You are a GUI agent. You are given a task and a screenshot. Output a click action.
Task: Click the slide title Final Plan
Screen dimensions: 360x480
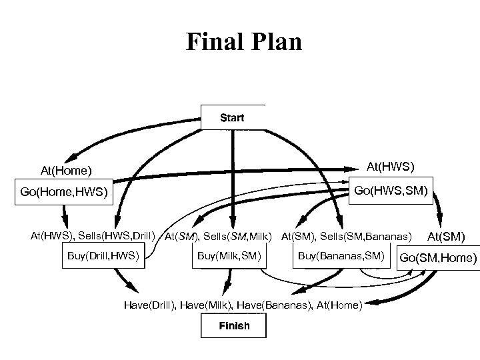click(243, 42)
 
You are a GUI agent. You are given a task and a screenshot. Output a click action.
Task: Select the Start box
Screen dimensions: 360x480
click(232, 118)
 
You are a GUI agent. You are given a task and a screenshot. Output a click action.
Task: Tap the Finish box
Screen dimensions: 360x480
click(234, 326)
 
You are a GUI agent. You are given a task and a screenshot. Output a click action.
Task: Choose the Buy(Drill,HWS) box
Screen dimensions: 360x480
click(103, 256)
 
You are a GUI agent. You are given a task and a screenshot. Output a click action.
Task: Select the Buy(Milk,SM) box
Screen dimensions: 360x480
click(228, 256)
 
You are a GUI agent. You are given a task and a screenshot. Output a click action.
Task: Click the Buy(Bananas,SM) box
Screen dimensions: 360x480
click(341, 256)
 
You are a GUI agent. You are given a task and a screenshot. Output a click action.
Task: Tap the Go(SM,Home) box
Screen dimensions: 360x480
click(438, 258)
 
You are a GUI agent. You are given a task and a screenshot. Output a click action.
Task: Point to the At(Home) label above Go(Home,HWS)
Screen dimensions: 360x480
click(66, 171)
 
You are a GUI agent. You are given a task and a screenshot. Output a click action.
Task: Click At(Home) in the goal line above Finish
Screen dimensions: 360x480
click(337, 305)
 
